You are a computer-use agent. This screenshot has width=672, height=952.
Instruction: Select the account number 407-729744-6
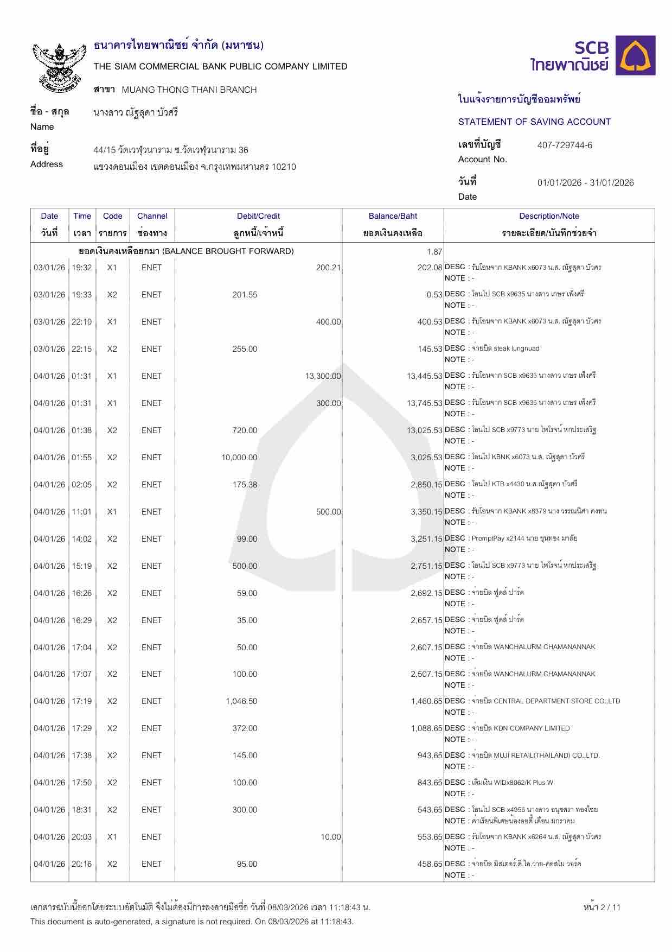point(565,145)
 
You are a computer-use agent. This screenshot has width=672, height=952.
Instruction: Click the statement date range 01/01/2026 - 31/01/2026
point(585,182)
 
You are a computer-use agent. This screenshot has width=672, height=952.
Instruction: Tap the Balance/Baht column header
point(393,216)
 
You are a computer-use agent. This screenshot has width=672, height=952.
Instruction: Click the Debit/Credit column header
point(258,216)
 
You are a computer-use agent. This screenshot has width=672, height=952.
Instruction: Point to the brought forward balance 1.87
point(434,251)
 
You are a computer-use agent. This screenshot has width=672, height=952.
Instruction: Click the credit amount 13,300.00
point(323,376)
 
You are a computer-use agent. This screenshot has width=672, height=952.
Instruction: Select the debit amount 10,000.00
point(239,458)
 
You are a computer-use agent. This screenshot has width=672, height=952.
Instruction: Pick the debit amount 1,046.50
point(241,701)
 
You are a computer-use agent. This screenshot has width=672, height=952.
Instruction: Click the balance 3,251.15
point(426,539)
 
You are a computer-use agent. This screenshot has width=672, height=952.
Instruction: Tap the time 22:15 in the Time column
point(82,349)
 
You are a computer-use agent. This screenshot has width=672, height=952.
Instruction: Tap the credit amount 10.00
point(330,837)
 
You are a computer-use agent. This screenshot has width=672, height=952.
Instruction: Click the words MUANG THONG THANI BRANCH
point(189,90)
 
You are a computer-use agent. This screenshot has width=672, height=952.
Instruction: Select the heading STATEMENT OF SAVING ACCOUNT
point(534,122)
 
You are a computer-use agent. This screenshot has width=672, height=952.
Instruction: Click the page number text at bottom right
point(601,907)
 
